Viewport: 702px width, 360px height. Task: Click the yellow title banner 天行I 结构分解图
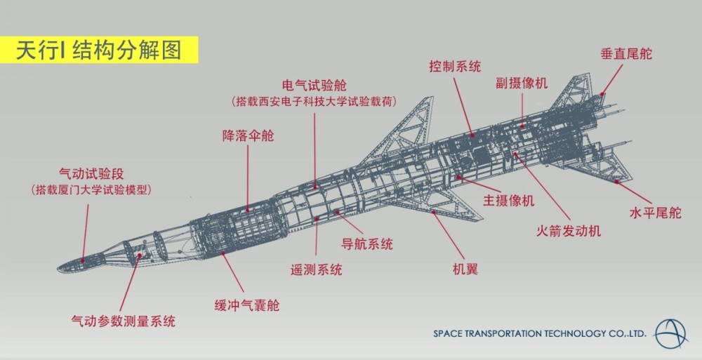coord(99,50)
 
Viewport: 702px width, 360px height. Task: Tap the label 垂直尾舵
coord(626,54)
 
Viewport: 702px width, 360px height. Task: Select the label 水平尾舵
coord(656,213)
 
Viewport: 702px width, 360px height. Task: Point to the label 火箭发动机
coord(569,231)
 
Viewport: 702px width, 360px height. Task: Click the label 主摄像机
coord(508,200)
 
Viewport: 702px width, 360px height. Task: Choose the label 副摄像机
coord(522,83)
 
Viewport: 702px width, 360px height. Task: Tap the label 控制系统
coord(455,67)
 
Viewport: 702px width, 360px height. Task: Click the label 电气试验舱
coord(314,85)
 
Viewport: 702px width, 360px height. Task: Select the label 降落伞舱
coord(248,135)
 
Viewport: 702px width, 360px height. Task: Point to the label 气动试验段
coord(91,174)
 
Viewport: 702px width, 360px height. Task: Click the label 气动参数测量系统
coord(123,321)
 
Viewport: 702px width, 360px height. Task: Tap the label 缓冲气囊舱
coord(247,305)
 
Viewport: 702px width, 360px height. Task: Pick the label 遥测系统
coord(316,269)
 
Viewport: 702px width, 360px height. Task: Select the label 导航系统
coord(367,244)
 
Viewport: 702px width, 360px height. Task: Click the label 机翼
coord(465,269)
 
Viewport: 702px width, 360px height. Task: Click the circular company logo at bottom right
coord(670,334)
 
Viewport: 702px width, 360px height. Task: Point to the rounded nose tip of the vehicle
coord(60,268)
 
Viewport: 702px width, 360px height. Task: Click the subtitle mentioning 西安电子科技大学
coord(314,102)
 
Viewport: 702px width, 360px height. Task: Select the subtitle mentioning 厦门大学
coord(91,190)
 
